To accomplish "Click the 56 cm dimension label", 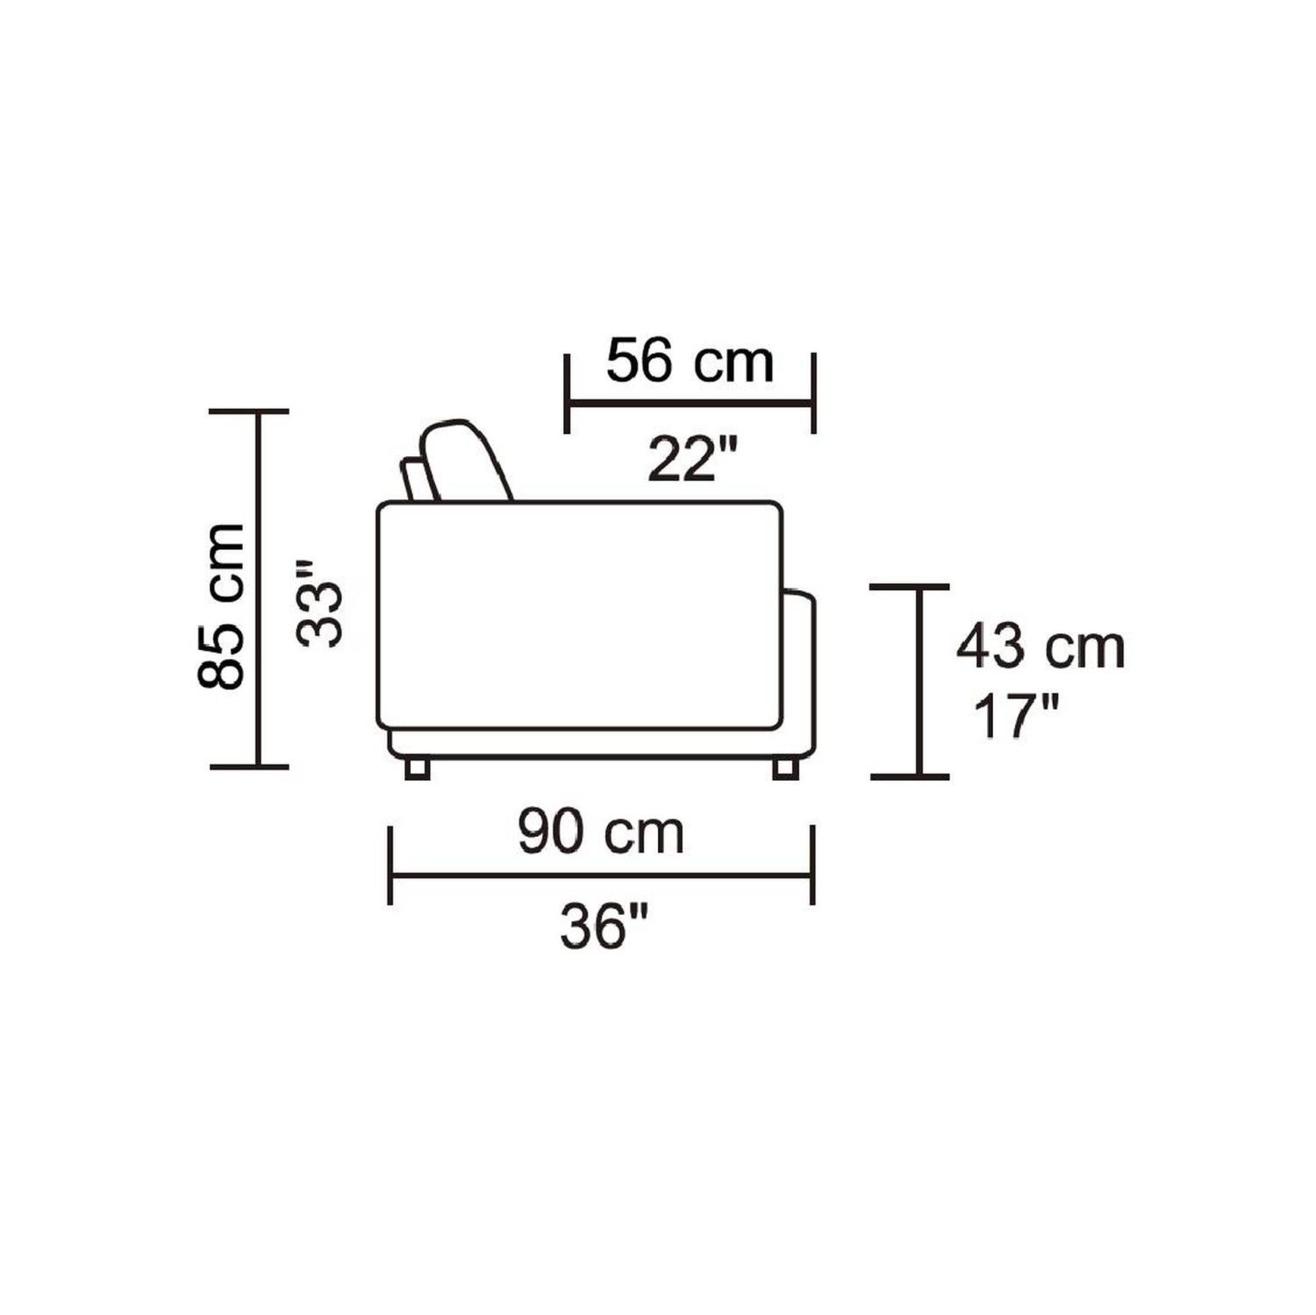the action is pos(690,362).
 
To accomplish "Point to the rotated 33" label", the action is pos(318,604).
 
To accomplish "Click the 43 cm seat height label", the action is pos(1041,647).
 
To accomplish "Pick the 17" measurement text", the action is pos(1018,717).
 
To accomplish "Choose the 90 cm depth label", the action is pos(601,833).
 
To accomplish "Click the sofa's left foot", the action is pos(418,768).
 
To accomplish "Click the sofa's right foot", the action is pos(785,768).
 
